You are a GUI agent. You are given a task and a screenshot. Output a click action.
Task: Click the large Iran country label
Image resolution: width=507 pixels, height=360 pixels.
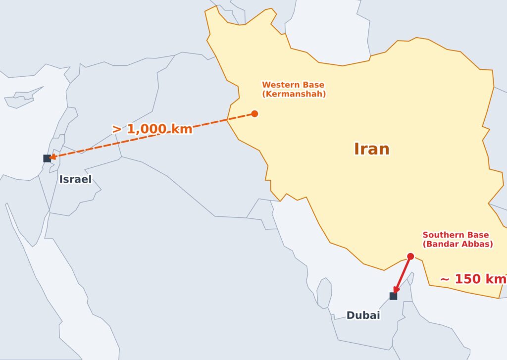coord(371,149)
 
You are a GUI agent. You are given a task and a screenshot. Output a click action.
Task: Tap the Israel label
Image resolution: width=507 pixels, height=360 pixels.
coord(75,179)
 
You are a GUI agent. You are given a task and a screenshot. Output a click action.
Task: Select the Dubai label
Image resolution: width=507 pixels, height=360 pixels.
coord(363,315)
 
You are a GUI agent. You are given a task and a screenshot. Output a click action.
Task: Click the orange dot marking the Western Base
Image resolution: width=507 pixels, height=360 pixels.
coord(254,113)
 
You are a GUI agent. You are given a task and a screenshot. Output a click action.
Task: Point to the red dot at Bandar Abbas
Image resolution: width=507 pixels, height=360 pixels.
coord(410,256)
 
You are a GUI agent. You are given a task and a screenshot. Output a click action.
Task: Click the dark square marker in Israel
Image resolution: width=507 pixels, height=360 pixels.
coord(47,158)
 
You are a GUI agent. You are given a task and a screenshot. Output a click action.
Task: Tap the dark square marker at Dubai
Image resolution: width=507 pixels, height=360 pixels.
coord(393,296)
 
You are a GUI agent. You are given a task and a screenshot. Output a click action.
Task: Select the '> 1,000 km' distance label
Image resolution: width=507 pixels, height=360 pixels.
coord(152,129)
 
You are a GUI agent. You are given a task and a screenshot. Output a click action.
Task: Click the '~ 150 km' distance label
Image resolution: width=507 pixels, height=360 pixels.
coord(473,279)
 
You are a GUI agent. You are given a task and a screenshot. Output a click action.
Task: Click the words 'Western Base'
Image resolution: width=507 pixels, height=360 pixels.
coord(293,85)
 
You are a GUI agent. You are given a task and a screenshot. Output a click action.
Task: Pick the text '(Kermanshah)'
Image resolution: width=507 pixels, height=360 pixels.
coord(294,94)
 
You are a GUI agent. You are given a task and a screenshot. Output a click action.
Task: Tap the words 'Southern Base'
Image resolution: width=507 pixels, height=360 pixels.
coord(456,235)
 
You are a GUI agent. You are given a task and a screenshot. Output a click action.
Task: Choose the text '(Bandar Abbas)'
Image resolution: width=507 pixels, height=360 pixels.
coord(457,244)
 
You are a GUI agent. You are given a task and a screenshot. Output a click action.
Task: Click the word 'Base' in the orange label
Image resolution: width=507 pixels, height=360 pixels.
coord(314,85)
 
